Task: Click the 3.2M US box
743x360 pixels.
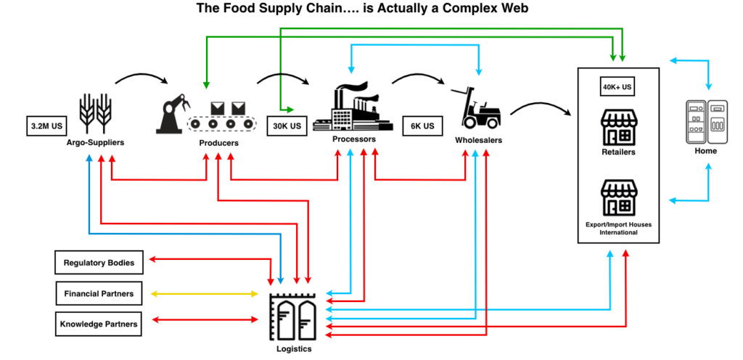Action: (x=46, y=126)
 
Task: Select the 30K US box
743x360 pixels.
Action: (x=287, y=126)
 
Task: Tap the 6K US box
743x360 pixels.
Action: (x=422, y=126)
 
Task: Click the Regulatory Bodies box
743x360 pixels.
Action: (x=99, y=263)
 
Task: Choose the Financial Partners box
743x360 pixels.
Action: (x=99, y=294)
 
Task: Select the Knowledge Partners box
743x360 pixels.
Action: (x=99, y=324)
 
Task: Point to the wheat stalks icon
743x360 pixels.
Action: (x=95, y=113)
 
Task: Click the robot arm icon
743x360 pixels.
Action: (x=173, y=114)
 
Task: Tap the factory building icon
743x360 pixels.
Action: (x=353, y=107)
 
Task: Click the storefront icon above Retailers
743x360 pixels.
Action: (x=619, y=127)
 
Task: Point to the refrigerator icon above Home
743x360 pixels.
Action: (x=707, y=121)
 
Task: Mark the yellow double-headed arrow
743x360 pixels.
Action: (x=204, y=294)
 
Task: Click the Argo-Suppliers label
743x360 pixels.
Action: (x=95, y=142)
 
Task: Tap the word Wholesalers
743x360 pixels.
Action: (x=479, y=140)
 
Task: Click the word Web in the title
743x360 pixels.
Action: (x=513, y=9)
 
